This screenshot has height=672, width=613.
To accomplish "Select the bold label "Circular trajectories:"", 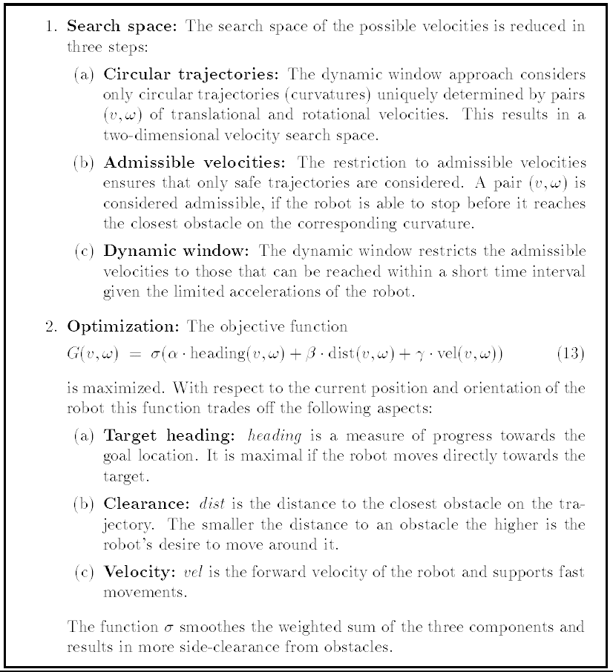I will click(x=191, y=75).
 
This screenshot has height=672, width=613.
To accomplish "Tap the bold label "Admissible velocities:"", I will click(x=194, y=163).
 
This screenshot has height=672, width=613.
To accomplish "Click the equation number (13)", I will click(x=570, y=354).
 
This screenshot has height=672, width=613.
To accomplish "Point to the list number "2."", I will click(x=52, y=326).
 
